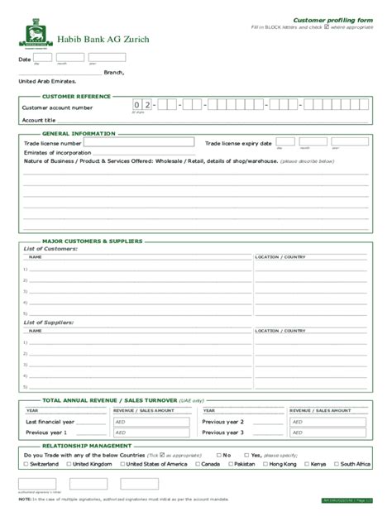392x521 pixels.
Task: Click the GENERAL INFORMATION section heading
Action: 73,132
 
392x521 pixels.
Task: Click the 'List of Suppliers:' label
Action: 49,322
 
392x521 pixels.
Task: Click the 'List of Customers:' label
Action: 50,249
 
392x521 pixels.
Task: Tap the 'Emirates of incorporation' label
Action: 57,152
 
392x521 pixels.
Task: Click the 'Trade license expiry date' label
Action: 239,143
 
